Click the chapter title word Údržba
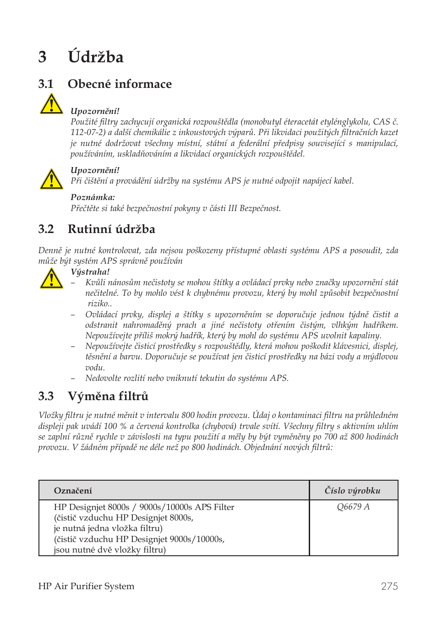[95, 57]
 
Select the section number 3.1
[46, 84]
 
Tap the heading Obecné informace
[120, 84]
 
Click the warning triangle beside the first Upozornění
[51, 104]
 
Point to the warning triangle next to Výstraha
[51, 278]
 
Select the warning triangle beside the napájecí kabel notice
[51, 179]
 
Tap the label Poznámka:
[93, 197]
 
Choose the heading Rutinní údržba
[111, 229]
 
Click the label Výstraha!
[90, 272]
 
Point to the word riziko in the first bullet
[98, 304]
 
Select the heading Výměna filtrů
[108, 396]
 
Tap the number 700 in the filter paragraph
[330, 437]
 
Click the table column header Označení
[73, 491]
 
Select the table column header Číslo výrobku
[352, 491]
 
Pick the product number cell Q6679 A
[353, 507]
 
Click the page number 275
[389, 586]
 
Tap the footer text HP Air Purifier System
[86, 586]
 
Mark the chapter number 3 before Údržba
[43, 57]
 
